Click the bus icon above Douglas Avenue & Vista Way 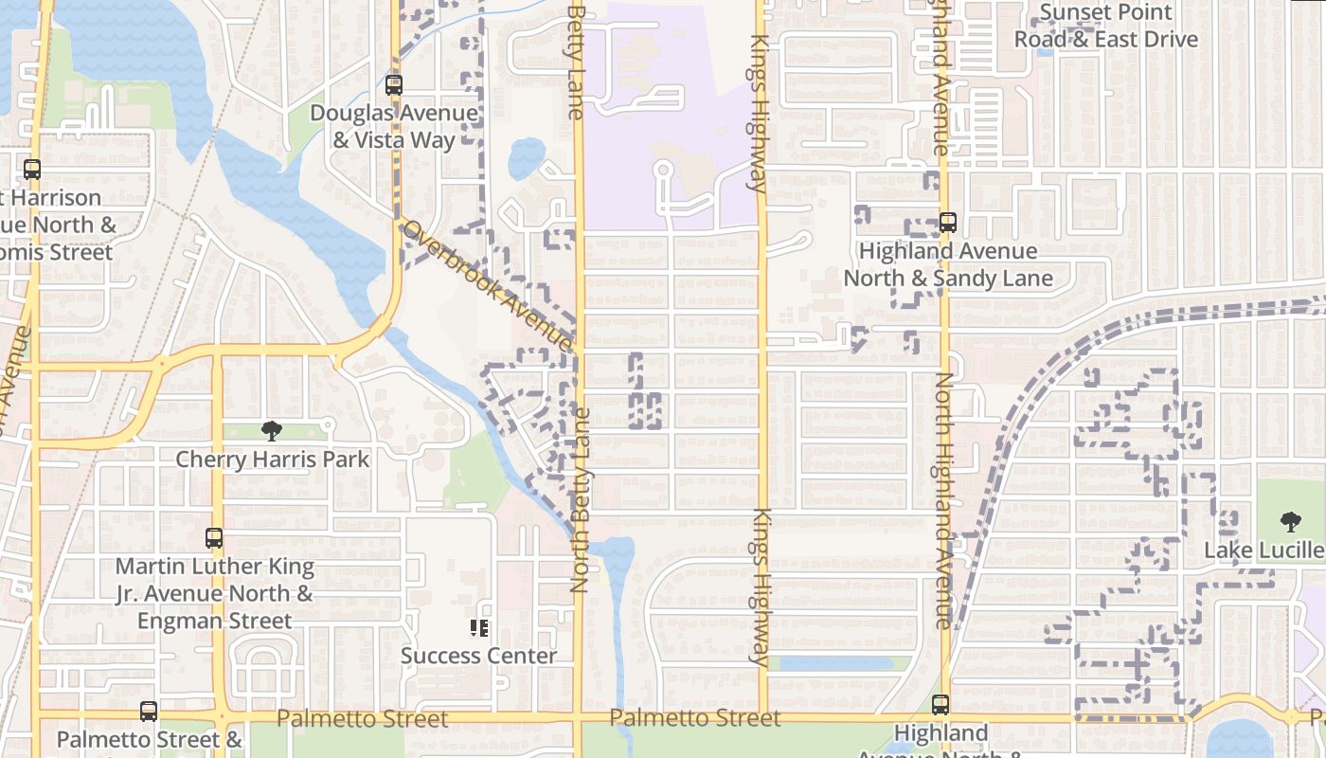tap(394, 85)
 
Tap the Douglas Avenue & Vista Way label tap(394, 127)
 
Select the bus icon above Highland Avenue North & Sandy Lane tap(947, 224)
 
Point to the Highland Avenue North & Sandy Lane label tap(948, 264)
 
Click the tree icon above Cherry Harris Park tap(272, 431)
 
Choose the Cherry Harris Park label tap(273, 460)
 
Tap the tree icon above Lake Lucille tap(1290, 521)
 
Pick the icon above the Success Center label tap(479, 627)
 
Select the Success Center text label tap(479, 656)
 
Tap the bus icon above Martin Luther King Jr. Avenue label tap(214, 538)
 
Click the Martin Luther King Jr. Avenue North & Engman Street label tap(215, 594)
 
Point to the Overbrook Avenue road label tap(487, 285)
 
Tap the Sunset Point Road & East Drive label tap(1106, 27)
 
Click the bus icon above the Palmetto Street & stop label tap(149, 712)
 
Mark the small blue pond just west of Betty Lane tap(527, 158)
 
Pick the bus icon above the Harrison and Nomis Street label tap(32, 170)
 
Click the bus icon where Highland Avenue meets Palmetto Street tap(940, 705)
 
